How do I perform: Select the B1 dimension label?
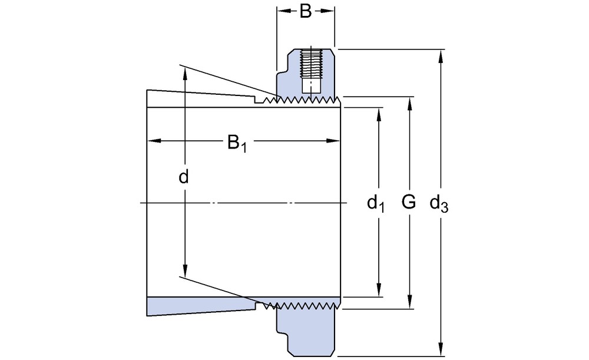tap(237, 143)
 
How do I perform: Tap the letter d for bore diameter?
tap(184, 177)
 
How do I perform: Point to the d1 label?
tap(376, 204)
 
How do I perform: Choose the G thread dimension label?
tap(408, 203)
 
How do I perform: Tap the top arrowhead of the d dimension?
tap(185, 72)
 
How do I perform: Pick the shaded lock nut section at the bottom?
tap(306, 330)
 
